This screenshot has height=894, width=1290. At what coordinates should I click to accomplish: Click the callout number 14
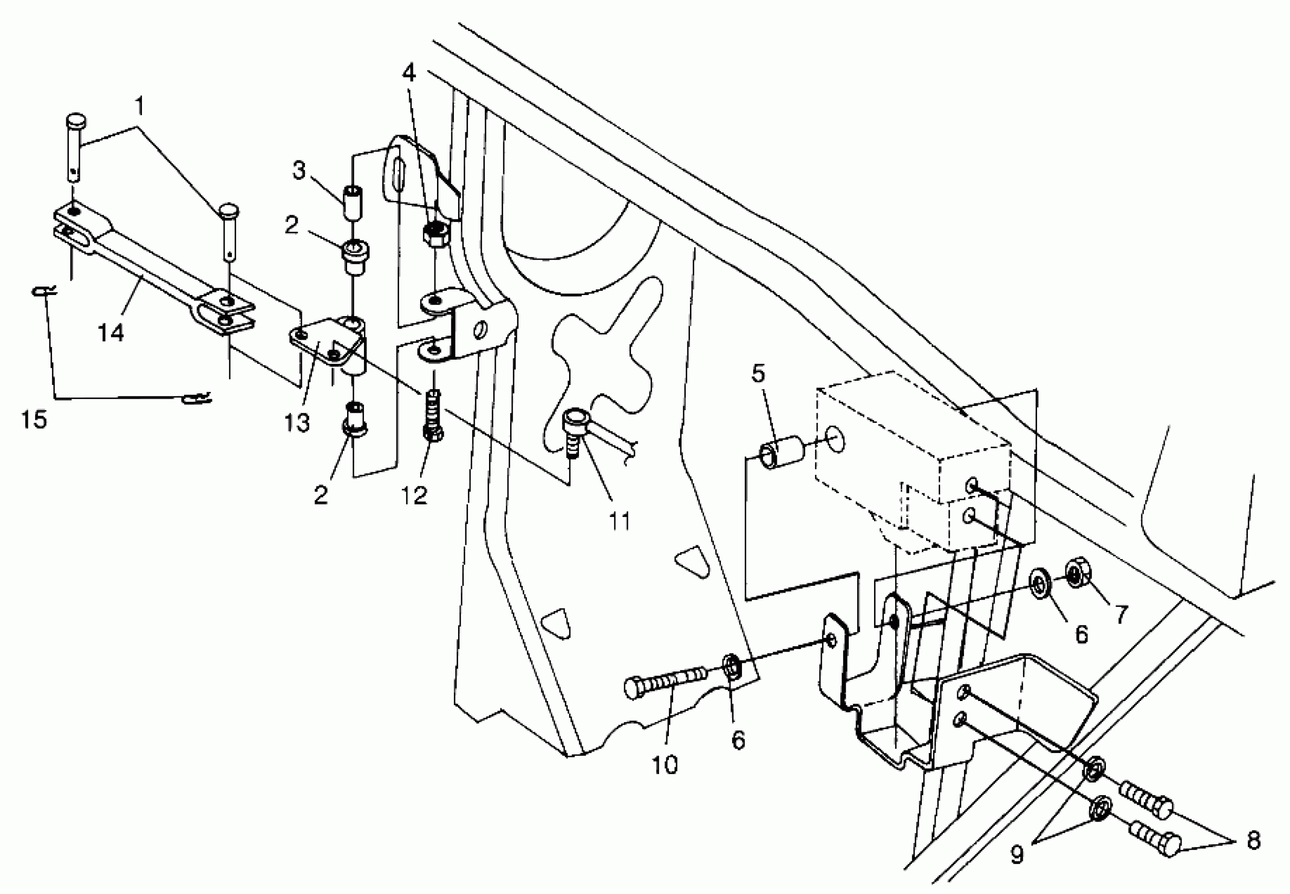pyautogui.click(x=111, y=333)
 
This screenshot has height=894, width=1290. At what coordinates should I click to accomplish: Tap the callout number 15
pyautogui.click(x=34, y=419)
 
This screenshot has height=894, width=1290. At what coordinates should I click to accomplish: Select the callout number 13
pyautogui.click(x=296, y=422)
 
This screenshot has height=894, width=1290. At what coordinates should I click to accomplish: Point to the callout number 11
pyautogui.click(x=619, y=521)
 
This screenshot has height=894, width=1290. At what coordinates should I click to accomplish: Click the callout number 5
pyautogui.click(x=758, y=373)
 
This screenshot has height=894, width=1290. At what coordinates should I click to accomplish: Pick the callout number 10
pyautogui.click(x=665, y=764)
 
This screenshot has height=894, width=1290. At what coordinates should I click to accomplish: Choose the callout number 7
pyautogui.click(x=1119, y=614)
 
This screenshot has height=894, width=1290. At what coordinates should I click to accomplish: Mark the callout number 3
pyautogui.click(x=299, y=170)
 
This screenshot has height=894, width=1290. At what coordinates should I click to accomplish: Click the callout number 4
pyautogui.click(x=410, y=73)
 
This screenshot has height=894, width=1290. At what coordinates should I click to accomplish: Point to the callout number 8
pyautogui.click(x=1254, y=840)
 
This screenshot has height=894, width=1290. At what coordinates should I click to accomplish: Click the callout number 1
pyautogui.click(x=140, y=105)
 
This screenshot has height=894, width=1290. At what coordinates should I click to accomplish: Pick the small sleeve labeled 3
pyautogui.click(x=352, y=205)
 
